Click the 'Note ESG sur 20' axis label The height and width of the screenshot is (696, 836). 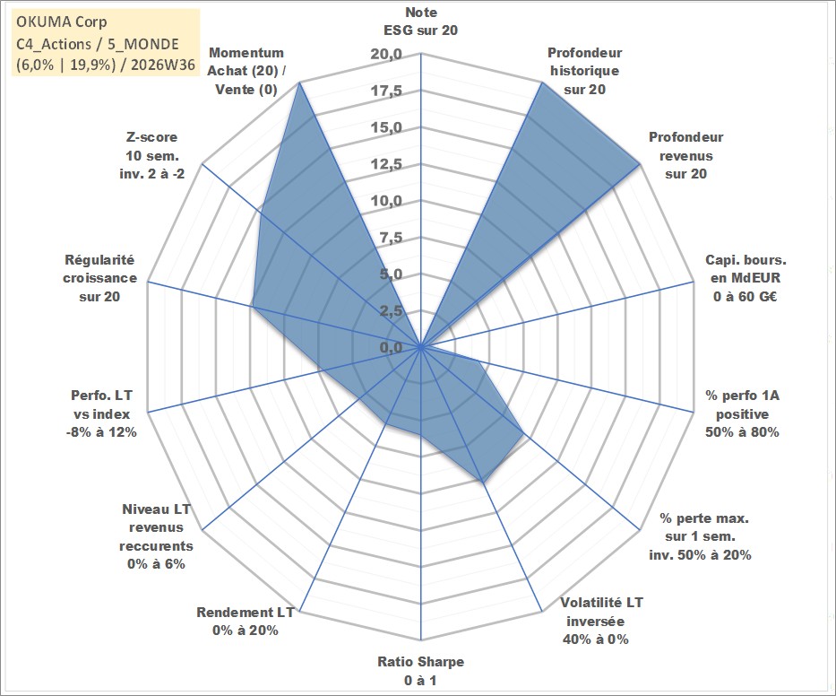tap(420, 22)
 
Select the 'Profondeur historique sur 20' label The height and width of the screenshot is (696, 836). tap(584, 71)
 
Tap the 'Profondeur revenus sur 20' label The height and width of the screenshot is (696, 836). tap(685, 155)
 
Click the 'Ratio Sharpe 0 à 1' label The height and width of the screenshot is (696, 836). tap(420, 671)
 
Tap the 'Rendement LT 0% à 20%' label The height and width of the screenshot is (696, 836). tap(246, 622)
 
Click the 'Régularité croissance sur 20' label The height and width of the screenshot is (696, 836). tap(99, 278)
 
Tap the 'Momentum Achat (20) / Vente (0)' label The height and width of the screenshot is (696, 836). tap(246, 71)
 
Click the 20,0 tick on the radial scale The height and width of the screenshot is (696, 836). tap(386, 55)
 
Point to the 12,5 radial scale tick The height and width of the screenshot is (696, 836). tap(386, 164)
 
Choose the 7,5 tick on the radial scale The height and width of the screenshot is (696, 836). tap(391, 238)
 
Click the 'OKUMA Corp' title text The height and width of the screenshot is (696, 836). tap(61, 22)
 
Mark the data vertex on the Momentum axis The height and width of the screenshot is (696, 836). tap(300, 83)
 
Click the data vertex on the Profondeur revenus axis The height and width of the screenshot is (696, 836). tap(639, 164)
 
